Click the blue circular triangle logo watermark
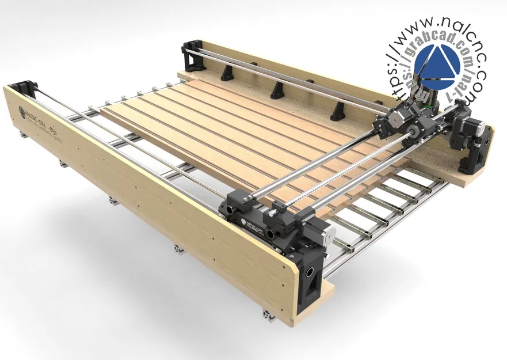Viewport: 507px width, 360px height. click(x=437, y=63)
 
